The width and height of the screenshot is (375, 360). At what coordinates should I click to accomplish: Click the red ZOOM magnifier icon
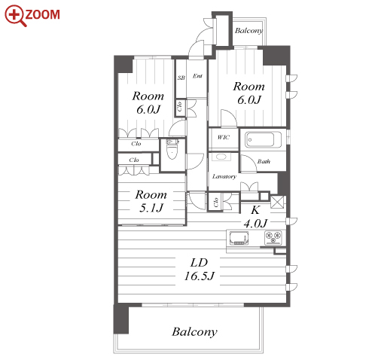tap(15, 16)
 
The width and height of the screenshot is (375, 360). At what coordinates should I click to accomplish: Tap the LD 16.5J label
tap(199, 270)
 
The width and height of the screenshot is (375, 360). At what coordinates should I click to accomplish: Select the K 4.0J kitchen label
tap(255, 216)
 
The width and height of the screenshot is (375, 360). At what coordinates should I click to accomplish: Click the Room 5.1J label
tap(151, 201)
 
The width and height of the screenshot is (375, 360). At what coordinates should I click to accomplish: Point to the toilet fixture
tap(172, 149)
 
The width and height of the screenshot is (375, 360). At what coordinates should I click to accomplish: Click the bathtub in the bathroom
tap(260, 140)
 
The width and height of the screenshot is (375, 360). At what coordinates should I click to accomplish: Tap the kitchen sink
tap(239, 238)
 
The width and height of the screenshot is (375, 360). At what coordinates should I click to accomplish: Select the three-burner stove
tap(273, 238)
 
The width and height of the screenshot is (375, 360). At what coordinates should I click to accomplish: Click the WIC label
tap(223, 137)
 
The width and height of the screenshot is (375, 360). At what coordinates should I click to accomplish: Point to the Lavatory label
tap(224, 176)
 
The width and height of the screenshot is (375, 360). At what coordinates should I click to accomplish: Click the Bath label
tap(264, 161)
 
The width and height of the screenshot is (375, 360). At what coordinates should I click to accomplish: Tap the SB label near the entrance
tap(181, 78)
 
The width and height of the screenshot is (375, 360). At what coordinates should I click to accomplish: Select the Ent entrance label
tap(197, 76)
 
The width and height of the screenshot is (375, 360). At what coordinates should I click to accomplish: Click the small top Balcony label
tap(248, 31)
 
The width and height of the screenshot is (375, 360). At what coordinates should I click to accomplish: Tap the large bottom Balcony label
tap(194, 332)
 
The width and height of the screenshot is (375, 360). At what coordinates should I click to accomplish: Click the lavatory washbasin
tap(221, 157)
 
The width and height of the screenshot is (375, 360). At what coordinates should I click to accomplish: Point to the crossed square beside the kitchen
tap(277, 202)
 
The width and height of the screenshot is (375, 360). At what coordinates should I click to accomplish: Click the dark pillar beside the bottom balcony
tap(121, 319)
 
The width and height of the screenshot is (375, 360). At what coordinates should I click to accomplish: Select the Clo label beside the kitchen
tap(215, 202)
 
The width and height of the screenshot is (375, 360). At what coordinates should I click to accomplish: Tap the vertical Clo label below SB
tap(179, 107)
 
